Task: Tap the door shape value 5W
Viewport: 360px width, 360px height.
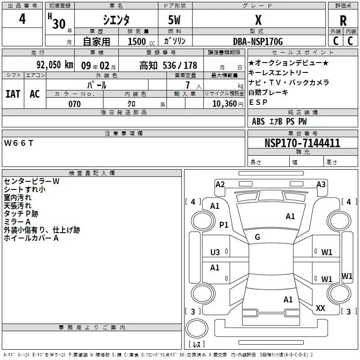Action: pos(175,20)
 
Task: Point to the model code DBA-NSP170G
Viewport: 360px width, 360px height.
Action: pos(258,41)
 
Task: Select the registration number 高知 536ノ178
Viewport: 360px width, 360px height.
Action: pos(168,65)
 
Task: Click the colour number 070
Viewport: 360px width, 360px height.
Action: pos(74,104)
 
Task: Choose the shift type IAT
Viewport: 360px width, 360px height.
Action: pos(13,94)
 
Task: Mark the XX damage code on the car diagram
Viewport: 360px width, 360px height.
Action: pos(320,308)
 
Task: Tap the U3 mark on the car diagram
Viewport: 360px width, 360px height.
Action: pos(215,252)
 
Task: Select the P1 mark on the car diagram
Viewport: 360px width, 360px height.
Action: pos(224,225)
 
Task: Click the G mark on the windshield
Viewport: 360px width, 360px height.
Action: pos(257,237)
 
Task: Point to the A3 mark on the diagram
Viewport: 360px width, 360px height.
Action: pos(320,184)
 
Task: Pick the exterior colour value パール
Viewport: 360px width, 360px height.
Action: pos(97,85)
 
